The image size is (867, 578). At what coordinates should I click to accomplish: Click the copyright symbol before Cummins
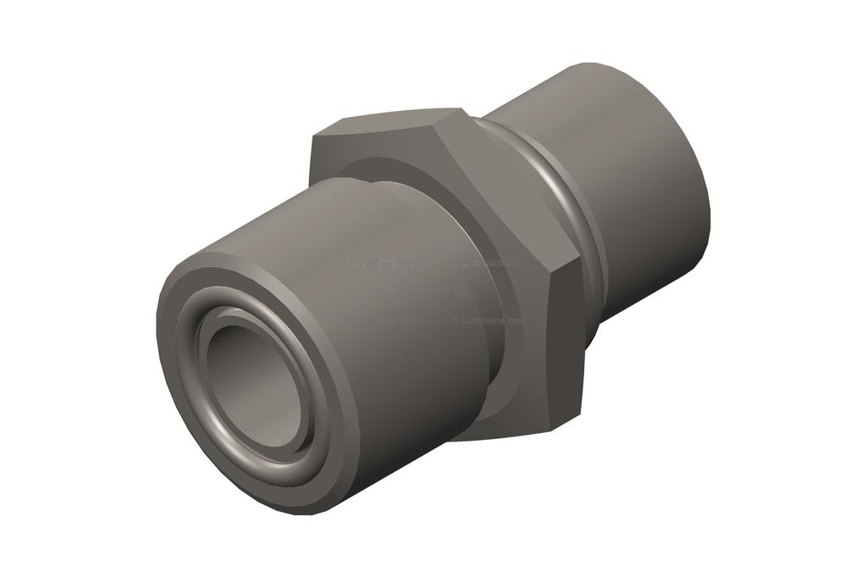pos(455,320)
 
